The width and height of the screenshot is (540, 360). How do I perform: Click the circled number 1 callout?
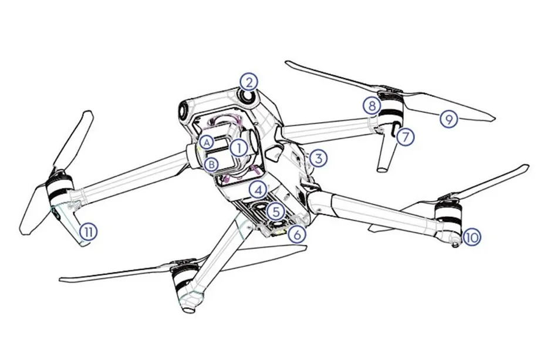pos(238,147)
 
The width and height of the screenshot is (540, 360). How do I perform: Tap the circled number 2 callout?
pos(249,82)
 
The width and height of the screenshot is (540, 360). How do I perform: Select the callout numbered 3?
pos(318,158)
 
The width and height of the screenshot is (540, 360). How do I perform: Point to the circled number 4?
pos(256,190)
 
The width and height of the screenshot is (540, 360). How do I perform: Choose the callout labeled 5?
pos(274,210)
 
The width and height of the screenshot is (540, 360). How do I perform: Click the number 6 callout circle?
pos(298,234)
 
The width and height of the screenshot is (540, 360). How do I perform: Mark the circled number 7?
pos(404,137)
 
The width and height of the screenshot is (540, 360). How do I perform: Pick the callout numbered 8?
pos(371,106)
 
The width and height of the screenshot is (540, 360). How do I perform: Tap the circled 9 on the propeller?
pos(449,119)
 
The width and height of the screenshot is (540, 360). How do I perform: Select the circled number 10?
pos(471,237)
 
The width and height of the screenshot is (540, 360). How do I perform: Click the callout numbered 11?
pos(87,231)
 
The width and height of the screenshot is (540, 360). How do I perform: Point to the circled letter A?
pos(206,142)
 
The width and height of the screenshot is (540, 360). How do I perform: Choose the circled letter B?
pos(213,164)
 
